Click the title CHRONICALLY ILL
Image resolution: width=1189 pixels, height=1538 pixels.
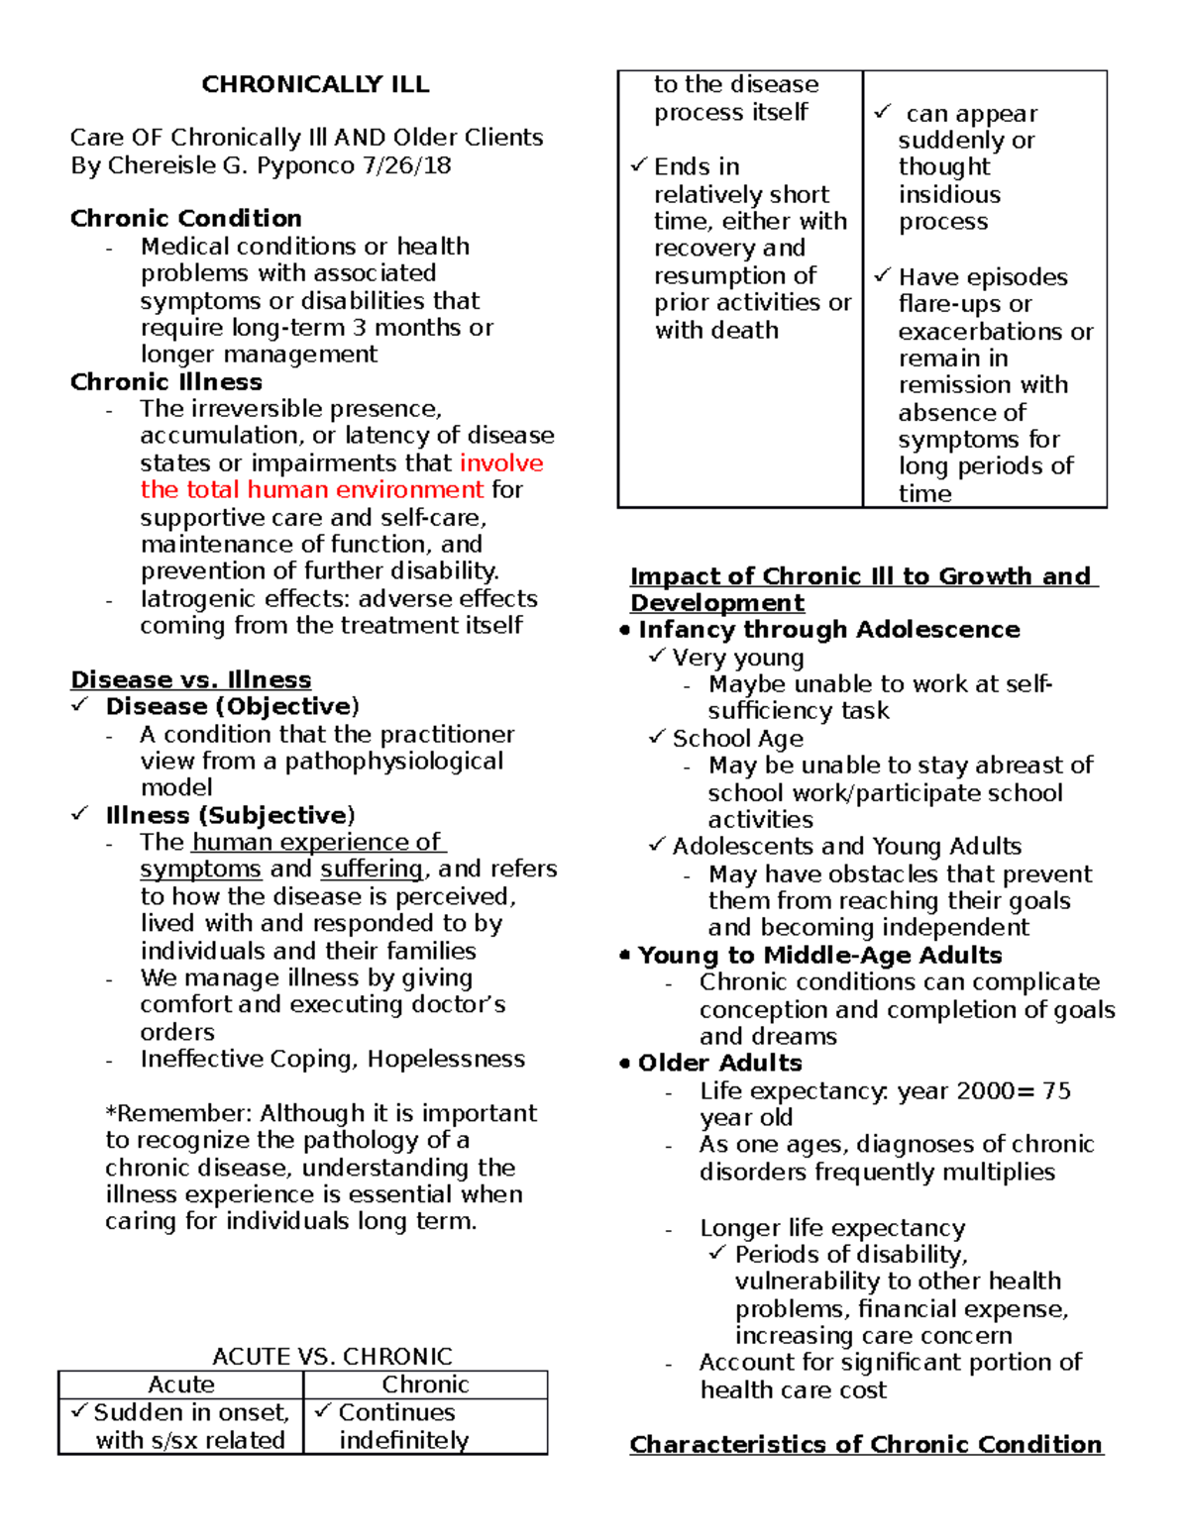pos(315,84)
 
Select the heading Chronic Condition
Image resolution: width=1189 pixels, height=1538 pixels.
pos(185,218)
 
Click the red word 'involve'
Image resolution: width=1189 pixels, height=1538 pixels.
pos(501,462)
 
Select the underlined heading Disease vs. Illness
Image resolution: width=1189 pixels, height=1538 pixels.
pos(190,679)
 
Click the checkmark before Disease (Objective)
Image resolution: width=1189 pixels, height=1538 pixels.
pos(79,705)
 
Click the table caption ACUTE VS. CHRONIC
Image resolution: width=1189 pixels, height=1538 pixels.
pos(332,1356)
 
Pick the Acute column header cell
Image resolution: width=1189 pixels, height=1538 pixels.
pos(181,1384)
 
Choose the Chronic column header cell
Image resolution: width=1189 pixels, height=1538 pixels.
pos(425,1384)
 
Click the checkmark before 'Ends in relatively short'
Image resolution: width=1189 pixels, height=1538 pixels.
pos(639,165)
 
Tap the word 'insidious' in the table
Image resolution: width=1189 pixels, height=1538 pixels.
pos(949,194)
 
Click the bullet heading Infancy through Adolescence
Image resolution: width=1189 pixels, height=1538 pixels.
pos(828,630)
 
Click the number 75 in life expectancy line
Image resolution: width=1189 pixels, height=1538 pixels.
pos(1057,1090)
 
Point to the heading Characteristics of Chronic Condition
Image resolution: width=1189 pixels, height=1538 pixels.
pos(866,1444)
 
